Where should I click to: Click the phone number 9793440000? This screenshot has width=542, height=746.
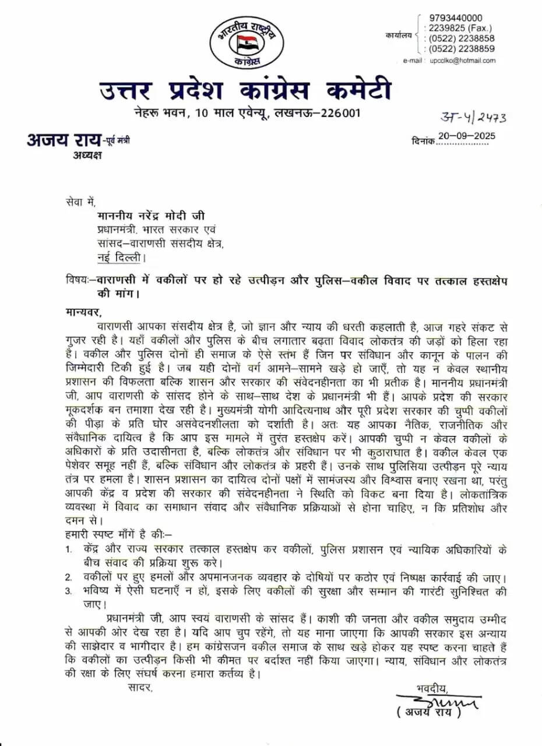pos(455,18)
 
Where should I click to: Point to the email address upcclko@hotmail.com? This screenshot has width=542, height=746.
pos(462,61)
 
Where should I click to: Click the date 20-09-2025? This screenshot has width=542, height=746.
pos(466,136)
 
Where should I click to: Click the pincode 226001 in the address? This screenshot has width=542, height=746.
pos(340,112)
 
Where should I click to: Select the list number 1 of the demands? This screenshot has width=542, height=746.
pos(68,550)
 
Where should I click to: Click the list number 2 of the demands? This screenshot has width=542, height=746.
pos(68,578)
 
